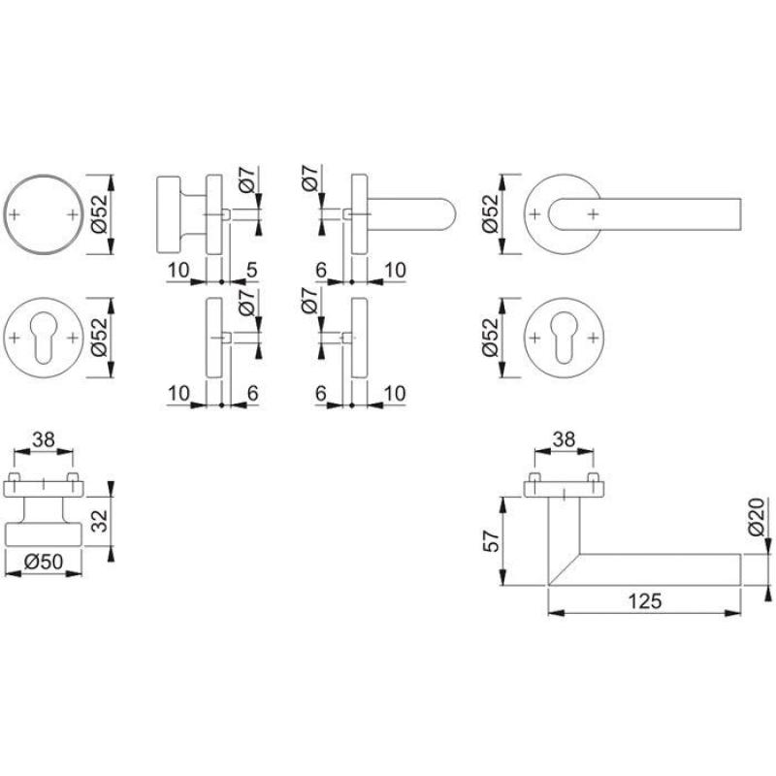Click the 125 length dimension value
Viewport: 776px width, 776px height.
tap(645, 600)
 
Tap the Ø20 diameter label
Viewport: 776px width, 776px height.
tap(758, 517)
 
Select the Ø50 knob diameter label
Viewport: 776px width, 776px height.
tap(44, 562)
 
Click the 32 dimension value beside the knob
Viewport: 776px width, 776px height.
tap(101, 521)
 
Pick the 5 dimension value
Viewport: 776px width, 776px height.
tap(252, 271)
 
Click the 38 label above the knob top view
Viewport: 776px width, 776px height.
tap(44, 439)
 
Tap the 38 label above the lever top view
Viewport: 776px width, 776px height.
tap(564, 439)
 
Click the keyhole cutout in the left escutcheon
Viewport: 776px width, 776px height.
tap(44, 338)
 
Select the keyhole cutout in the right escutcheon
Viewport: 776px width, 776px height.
tap(564, 338)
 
